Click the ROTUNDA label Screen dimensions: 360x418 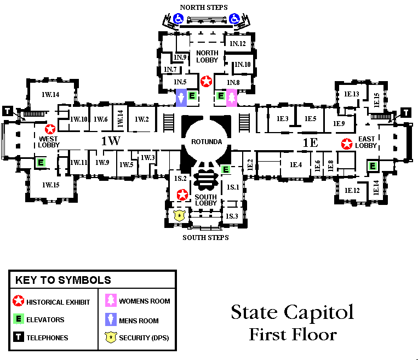(207, 142)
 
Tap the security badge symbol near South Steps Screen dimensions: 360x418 (179, 215)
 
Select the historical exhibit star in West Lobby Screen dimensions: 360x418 (51, 129)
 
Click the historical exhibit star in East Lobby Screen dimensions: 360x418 (347, 145)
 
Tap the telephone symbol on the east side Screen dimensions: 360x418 (406, 112)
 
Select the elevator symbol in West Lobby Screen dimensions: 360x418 (40, 162)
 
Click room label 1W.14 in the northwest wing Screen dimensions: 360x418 (50, 94)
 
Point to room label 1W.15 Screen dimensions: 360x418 (50, 184)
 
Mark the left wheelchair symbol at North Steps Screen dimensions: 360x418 (178, 19)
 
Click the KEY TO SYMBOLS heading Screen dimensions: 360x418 (63, 280)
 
